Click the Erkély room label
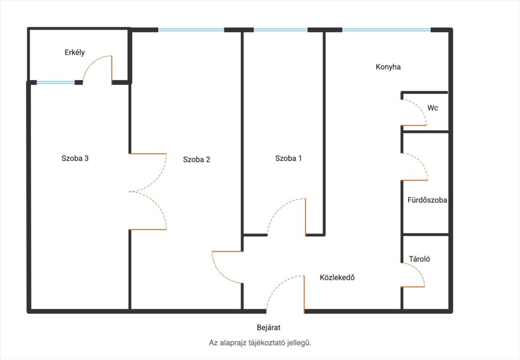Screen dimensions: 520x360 [75, 52]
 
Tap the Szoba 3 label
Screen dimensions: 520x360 [75, 158]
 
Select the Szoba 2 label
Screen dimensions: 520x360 [196, 159]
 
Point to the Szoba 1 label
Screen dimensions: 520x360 [288, 158]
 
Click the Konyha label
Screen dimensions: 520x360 [388, 67]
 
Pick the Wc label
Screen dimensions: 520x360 [433, 108]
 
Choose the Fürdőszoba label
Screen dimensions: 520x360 [427, 200]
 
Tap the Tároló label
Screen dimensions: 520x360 [419, 259]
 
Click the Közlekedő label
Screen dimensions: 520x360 [337, 277]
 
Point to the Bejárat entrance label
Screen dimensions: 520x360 [268, 328]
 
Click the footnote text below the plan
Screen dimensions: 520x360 [260, 343]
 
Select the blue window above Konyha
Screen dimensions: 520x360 [386, 30]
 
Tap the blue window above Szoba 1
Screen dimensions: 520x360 [280, 30]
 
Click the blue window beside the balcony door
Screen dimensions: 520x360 [56, 82]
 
